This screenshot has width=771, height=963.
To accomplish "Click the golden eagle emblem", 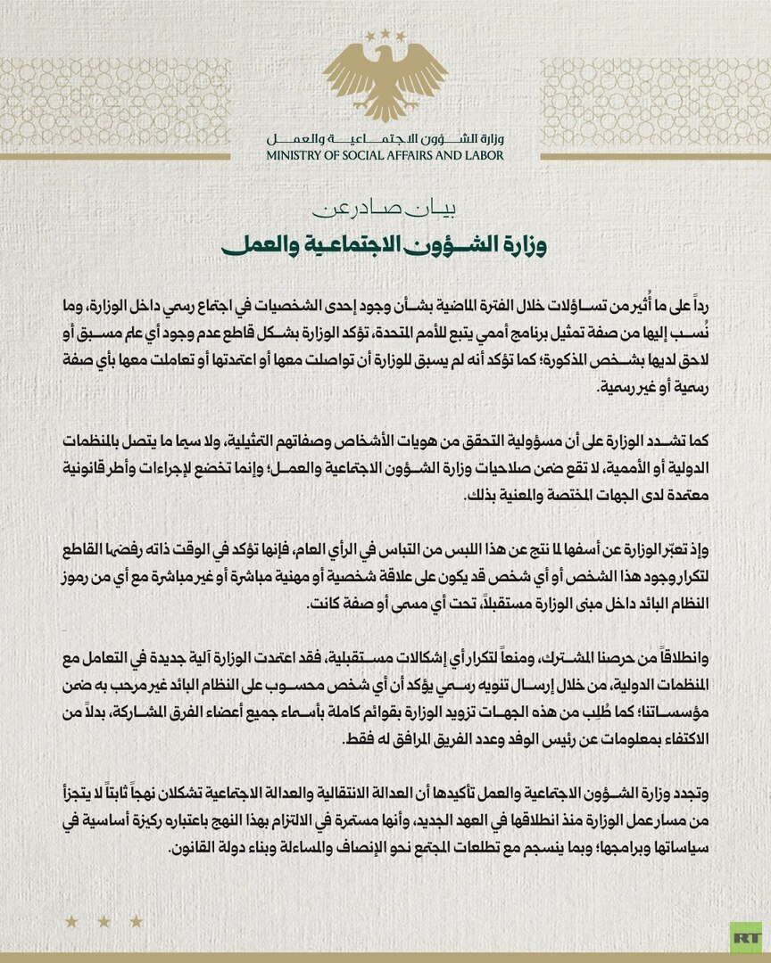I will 385,80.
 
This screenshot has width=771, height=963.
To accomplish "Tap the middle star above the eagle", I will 385,33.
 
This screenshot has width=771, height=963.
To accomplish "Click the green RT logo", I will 745,937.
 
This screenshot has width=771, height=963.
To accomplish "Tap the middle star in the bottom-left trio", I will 104,921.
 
